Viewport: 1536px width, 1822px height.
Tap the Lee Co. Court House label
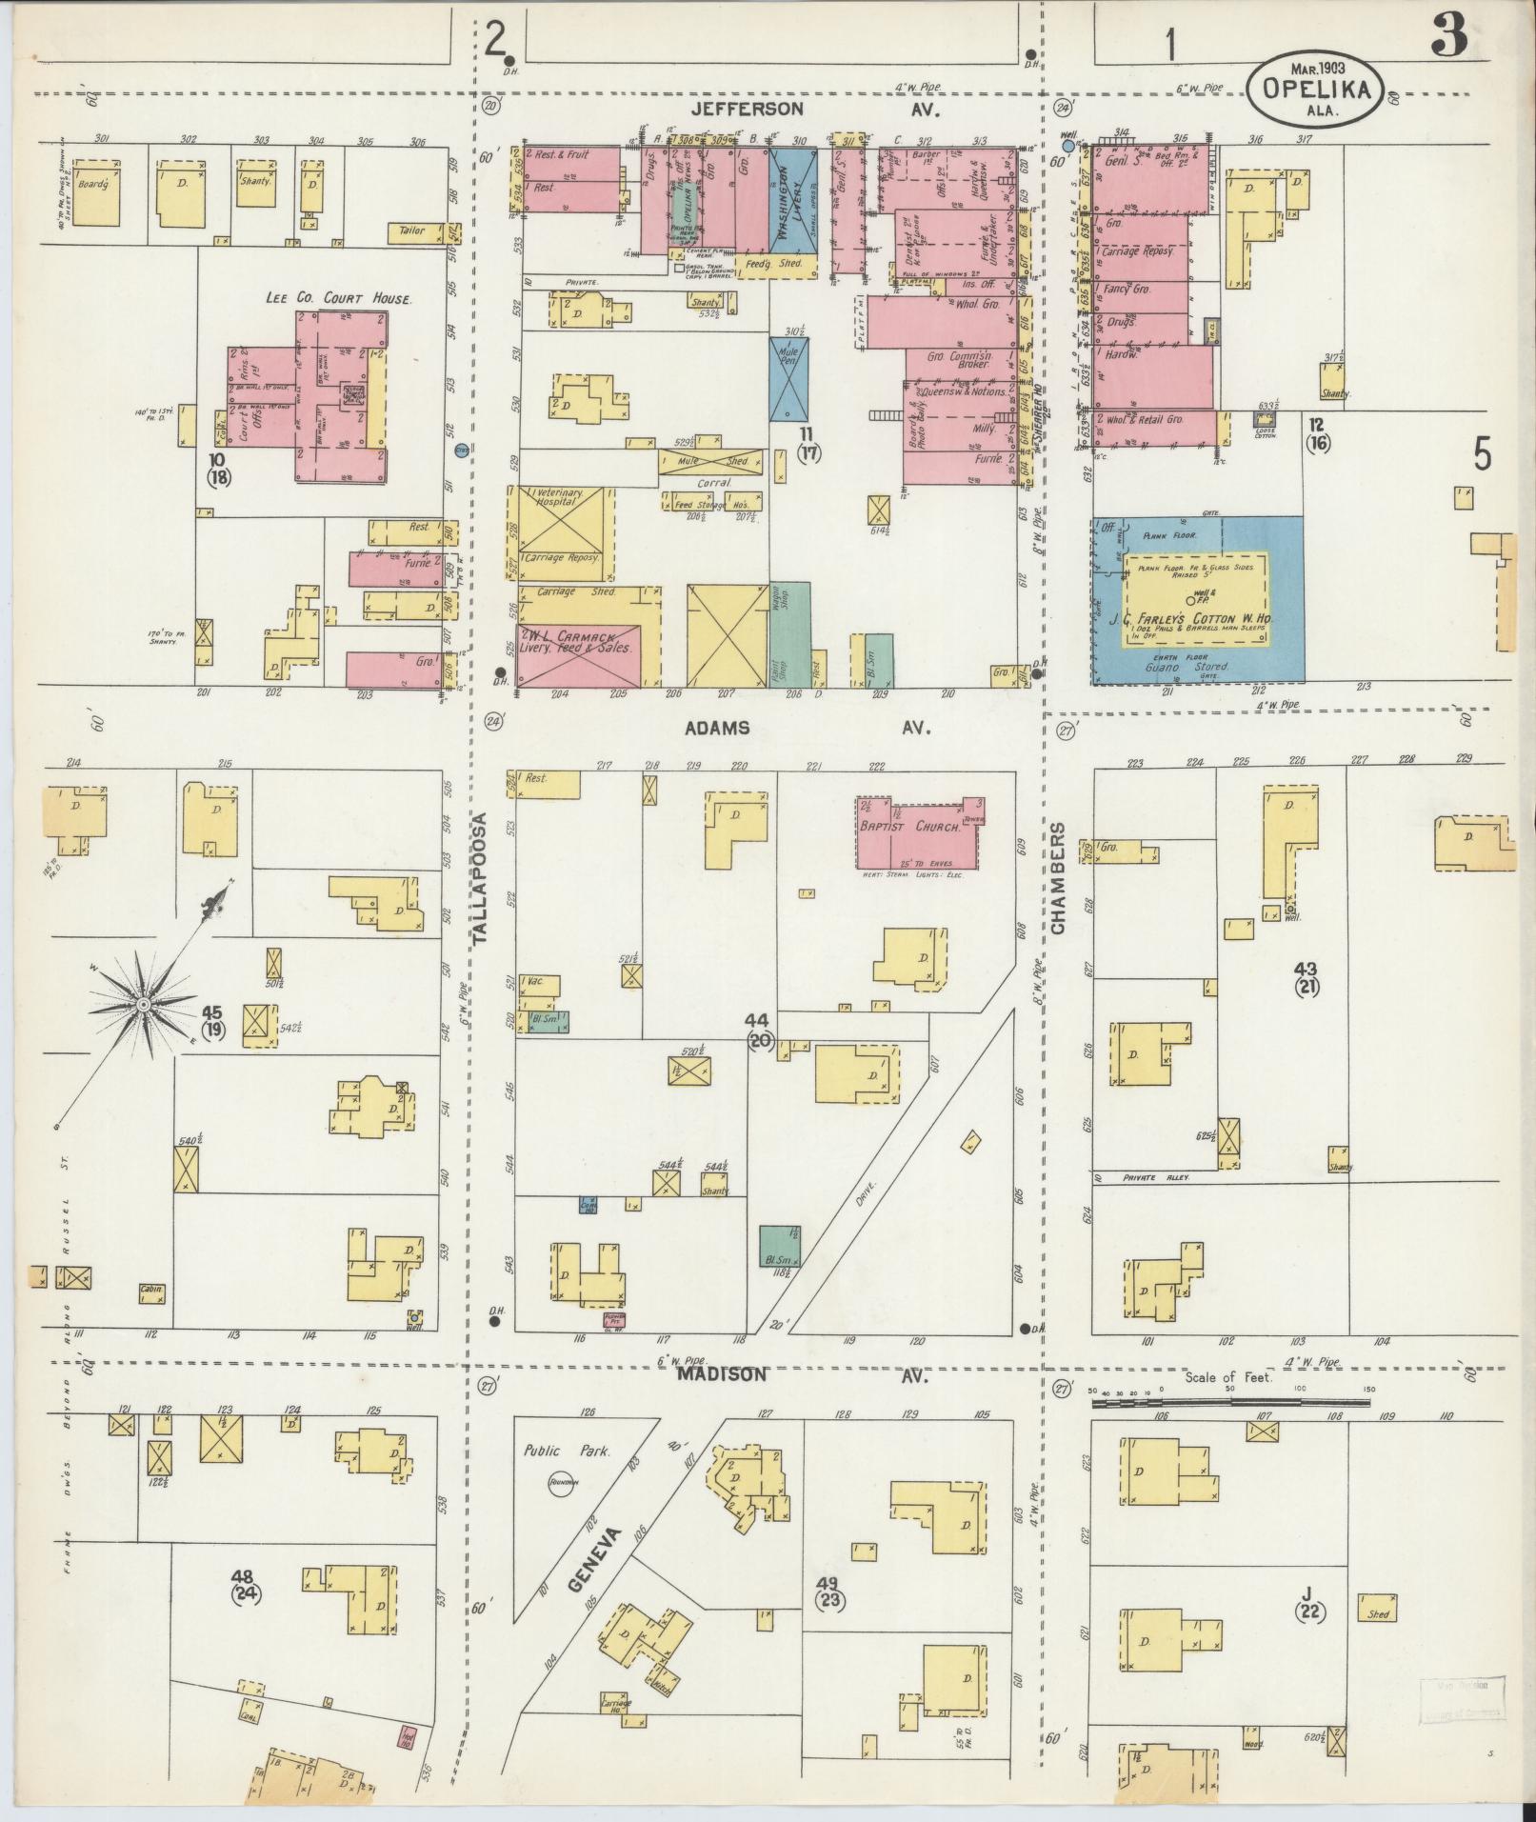click(x=339, y=298)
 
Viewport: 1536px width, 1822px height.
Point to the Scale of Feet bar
click(x=1230, y=1402)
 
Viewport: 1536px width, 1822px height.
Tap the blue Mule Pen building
click(x=789, y=379)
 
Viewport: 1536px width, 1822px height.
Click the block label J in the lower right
click(x=1307, y=1592)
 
